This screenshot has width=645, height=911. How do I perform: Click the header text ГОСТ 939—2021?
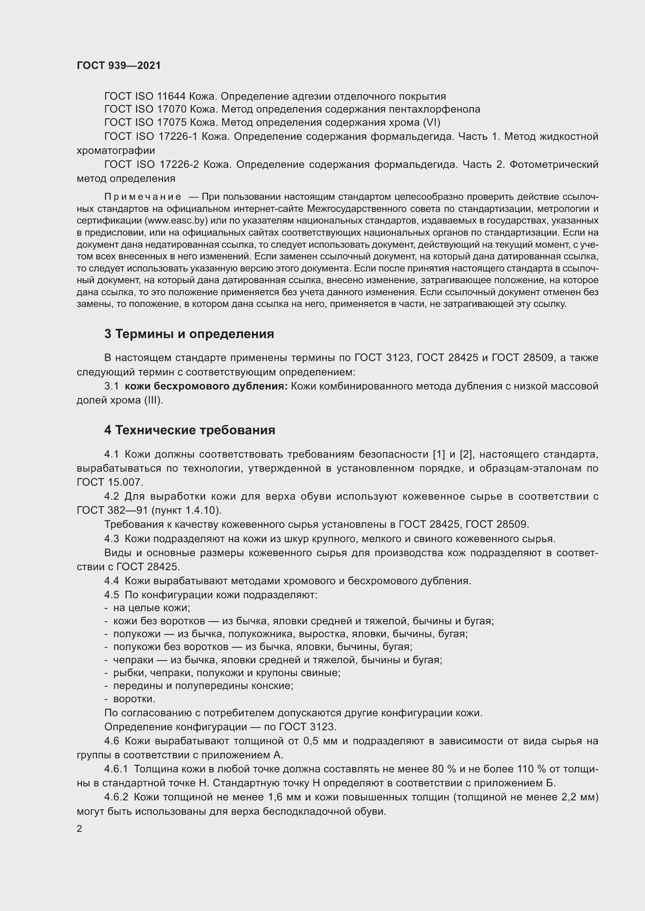pyautogui.click(x=119, y=66)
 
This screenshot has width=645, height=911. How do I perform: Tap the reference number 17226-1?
pyautogui.click(x=178, y=136)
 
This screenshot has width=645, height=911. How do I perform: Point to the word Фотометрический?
pyautogui.click(x=554, y=164)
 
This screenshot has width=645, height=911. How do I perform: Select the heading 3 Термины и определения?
pyautogui.click(x=189, y=334)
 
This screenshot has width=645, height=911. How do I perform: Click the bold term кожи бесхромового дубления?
pyautogui.click(x=206, y=386)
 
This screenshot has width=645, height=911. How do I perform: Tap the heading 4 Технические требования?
pyautogui.click(x=190, y=430)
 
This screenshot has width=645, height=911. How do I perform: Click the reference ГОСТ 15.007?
pyautogui.click(x=109, y=482)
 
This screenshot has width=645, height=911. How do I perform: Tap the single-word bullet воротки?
pyautogui.click(x=134, y=699)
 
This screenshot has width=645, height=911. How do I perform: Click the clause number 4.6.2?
pyautogui.click(x=116, y=797)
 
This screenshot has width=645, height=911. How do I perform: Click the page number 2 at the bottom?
pyautogui.click(x=80, y=829)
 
